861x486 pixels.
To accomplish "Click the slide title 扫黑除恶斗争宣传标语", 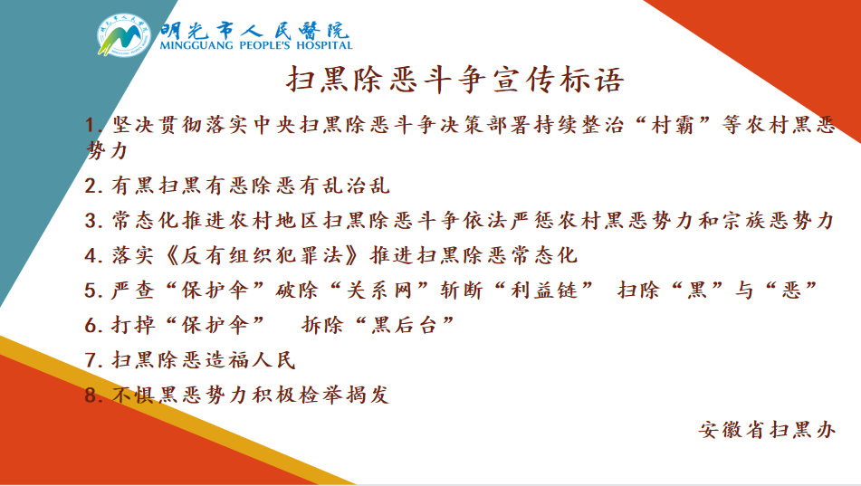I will pyautogui.click(x=455, y=79).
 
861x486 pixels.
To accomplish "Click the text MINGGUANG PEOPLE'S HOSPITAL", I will pyautogui.click(x=254, y=44).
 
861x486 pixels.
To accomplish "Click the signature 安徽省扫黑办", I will pyautogui.click(x=767, y=429).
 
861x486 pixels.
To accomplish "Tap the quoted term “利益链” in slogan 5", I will pyautogui.click(x=557, y=291).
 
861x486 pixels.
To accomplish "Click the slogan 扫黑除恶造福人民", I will pyautogui.click(x=203, y=360).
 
